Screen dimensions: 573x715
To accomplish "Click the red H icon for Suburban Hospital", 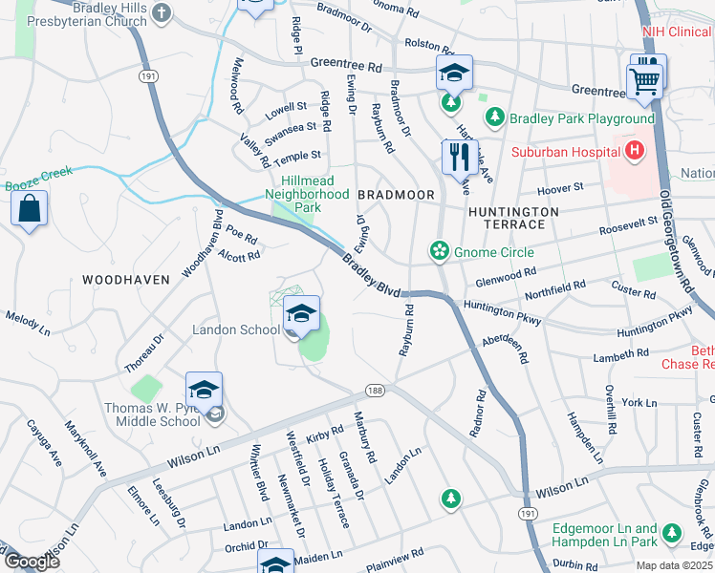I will pos(632,150).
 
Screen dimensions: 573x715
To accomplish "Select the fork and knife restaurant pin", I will pos(455,156).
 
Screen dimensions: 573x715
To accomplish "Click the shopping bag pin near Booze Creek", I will pos(29,207).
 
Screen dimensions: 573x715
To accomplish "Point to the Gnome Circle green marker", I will pos(439,251).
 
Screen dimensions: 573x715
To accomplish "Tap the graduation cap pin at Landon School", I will pos(300,313).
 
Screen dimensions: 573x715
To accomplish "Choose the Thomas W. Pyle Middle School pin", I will pos(204,390).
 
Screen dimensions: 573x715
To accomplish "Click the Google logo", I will pos(31,561).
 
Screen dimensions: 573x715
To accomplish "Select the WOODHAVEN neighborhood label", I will pos(125,280).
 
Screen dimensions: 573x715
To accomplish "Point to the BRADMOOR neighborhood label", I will pos(396,194).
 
